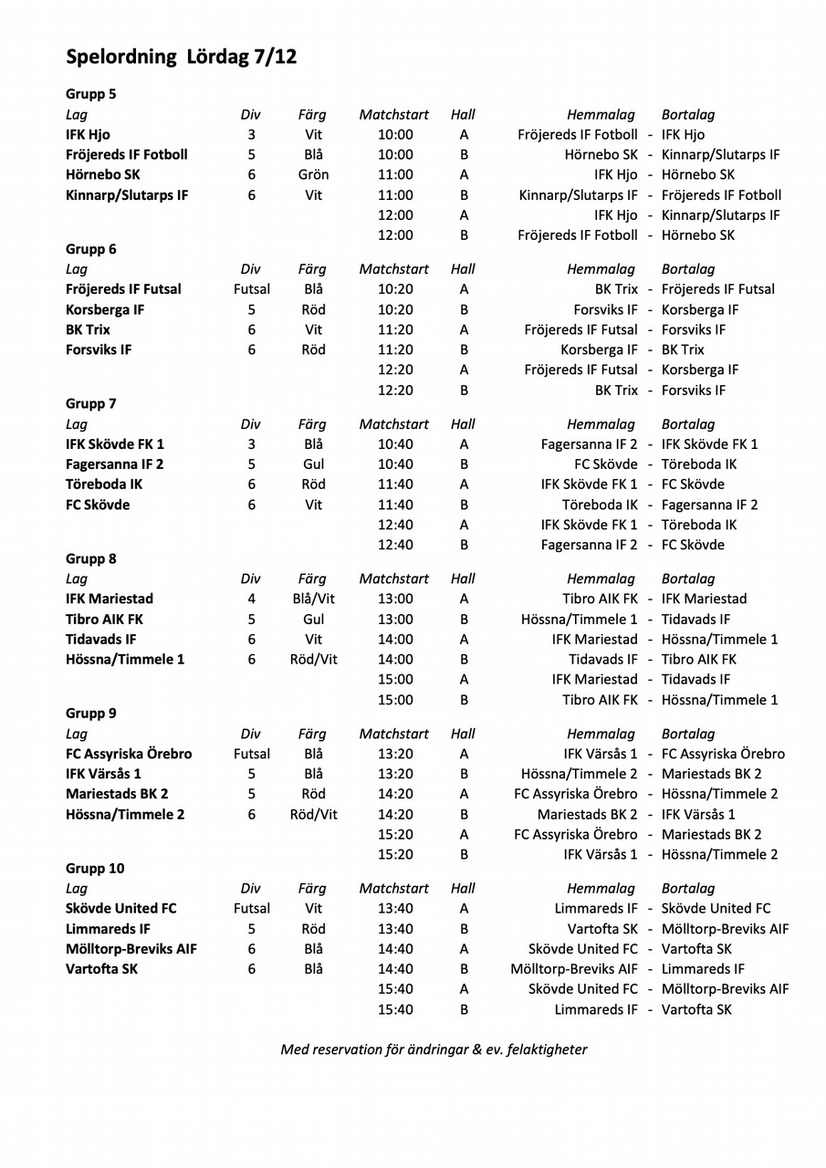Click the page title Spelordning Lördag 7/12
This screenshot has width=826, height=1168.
181,57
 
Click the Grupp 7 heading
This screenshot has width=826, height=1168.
91,403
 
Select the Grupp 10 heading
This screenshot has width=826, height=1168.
95,868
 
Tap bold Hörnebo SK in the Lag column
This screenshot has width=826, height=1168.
103,174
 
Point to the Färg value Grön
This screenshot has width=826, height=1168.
313,174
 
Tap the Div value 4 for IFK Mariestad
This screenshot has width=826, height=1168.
251,599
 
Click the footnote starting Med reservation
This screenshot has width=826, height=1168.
434,1049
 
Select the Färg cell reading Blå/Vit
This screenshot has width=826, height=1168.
313,599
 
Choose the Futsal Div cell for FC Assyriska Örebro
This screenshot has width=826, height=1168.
251,754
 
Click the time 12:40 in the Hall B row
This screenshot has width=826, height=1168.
395,545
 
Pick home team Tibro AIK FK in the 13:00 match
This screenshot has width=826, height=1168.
600,599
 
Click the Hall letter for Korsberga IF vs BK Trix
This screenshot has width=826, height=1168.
464,349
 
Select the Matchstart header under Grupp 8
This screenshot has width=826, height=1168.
393,579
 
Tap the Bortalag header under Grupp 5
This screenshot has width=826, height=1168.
688,115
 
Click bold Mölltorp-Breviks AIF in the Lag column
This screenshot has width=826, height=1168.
131,949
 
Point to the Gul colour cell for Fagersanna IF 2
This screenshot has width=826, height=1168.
313,464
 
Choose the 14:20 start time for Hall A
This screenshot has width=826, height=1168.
395,794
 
